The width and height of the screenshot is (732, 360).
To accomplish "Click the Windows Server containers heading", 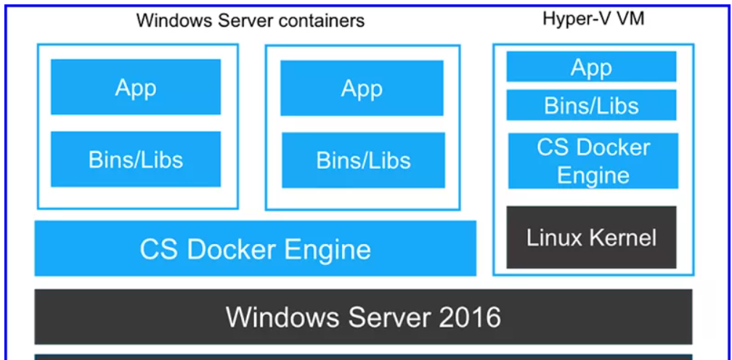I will [x=251, y=20].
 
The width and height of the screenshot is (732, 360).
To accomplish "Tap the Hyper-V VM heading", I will [x=593, y=18].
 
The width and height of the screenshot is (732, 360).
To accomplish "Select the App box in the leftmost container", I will [x=136, y=87].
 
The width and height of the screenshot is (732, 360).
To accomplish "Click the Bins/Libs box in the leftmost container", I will [x=136, y=159].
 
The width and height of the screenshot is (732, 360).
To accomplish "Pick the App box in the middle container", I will [x=362, y=88].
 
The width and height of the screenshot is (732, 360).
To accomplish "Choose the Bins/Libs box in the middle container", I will [x=363, y=160].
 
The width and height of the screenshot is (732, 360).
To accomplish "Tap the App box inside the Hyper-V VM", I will [x=591, y=67].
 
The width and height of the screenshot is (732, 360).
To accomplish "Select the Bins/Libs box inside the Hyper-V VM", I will [x=591, y=105].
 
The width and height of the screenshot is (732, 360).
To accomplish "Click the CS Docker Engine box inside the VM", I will [x=593, y=161].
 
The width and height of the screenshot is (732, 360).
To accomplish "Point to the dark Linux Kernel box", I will [x=591, y=237].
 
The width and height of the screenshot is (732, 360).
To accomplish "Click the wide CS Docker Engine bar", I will [x=256, y=249].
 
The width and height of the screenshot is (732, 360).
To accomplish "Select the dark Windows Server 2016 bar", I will [x=363, y=316].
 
